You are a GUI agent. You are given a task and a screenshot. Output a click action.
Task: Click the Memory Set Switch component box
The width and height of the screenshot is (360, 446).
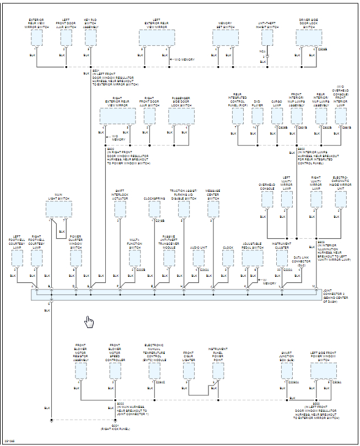pyautogui.click(x=225, y=37)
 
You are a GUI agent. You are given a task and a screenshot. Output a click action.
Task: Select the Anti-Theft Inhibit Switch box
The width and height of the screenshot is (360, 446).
pyautogui.click(x=267, y=37)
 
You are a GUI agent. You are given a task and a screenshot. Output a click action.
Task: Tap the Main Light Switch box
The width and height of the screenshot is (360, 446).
pyautogui.click(x=59, y=209)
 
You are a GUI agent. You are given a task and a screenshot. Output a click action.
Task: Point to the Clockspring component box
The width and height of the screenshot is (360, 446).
pyautogui.click(x=154, y=209)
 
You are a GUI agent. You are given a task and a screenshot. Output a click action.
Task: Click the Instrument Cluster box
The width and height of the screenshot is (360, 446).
pyautogui.click(x=282, y=258)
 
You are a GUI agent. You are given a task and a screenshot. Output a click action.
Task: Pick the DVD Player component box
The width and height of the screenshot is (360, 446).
pyautogui.click(x=257, y=116)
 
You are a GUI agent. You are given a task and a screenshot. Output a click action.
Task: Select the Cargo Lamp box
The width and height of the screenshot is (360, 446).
pyautogui.click(x=277, y=116)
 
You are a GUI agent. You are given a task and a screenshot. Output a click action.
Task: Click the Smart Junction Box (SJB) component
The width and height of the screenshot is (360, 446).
pyautogui.click(x=287, y=371)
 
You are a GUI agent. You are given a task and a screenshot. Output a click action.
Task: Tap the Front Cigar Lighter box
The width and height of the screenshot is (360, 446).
pyautogui.click(x=188, y=371)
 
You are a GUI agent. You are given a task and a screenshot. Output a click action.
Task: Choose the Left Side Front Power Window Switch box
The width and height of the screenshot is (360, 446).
pyautogui.click(x=323, y=371)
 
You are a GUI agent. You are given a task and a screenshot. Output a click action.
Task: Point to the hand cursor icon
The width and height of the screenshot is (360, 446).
pyautogui.click(x=89, y=322)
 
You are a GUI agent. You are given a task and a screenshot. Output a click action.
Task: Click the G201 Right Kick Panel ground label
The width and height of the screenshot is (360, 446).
pyautogui.click(x=115, y=426)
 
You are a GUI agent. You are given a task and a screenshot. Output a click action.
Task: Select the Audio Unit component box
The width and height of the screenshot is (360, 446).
pyautogui.click(x=198, y=258)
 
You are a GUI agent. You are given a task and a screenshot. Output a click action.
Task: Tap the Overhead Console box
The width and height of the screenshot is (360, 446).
pyautogui.click(x=267, y=200)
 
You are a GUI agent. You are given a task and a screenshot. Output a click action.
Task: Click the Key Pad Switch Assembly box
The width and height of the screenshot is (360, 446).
pyautogui.click(x=90, y=37)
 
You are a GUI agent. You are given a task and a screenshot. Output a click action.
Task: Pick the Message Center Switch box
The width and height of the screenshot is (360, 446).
pyautogui.click(x=213, y=209)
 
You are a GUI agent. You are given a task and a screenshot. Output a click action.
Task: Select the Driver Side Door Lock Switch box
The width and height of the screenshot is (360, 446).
pyautogui.click(x=308, y=37)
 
